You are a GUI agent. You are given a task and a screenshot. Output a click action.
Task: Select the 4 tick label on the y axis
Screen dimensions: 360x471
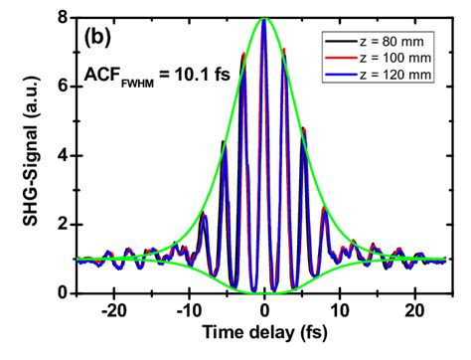(62, 155)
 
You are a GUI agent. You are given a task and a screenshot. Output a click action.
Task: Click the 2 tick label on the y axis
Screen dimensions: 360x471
(62, 225)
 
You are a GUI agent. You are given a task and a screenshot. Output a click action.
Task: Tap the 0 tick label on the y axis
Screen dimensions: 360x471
(62, 293)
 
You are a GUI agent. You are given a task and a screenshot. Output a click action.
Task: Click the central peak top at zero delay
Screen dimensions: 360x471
(264, 19)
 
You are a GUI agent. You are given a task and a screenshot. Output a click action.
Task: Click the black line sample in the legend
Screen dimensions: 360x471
(338, 41)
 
